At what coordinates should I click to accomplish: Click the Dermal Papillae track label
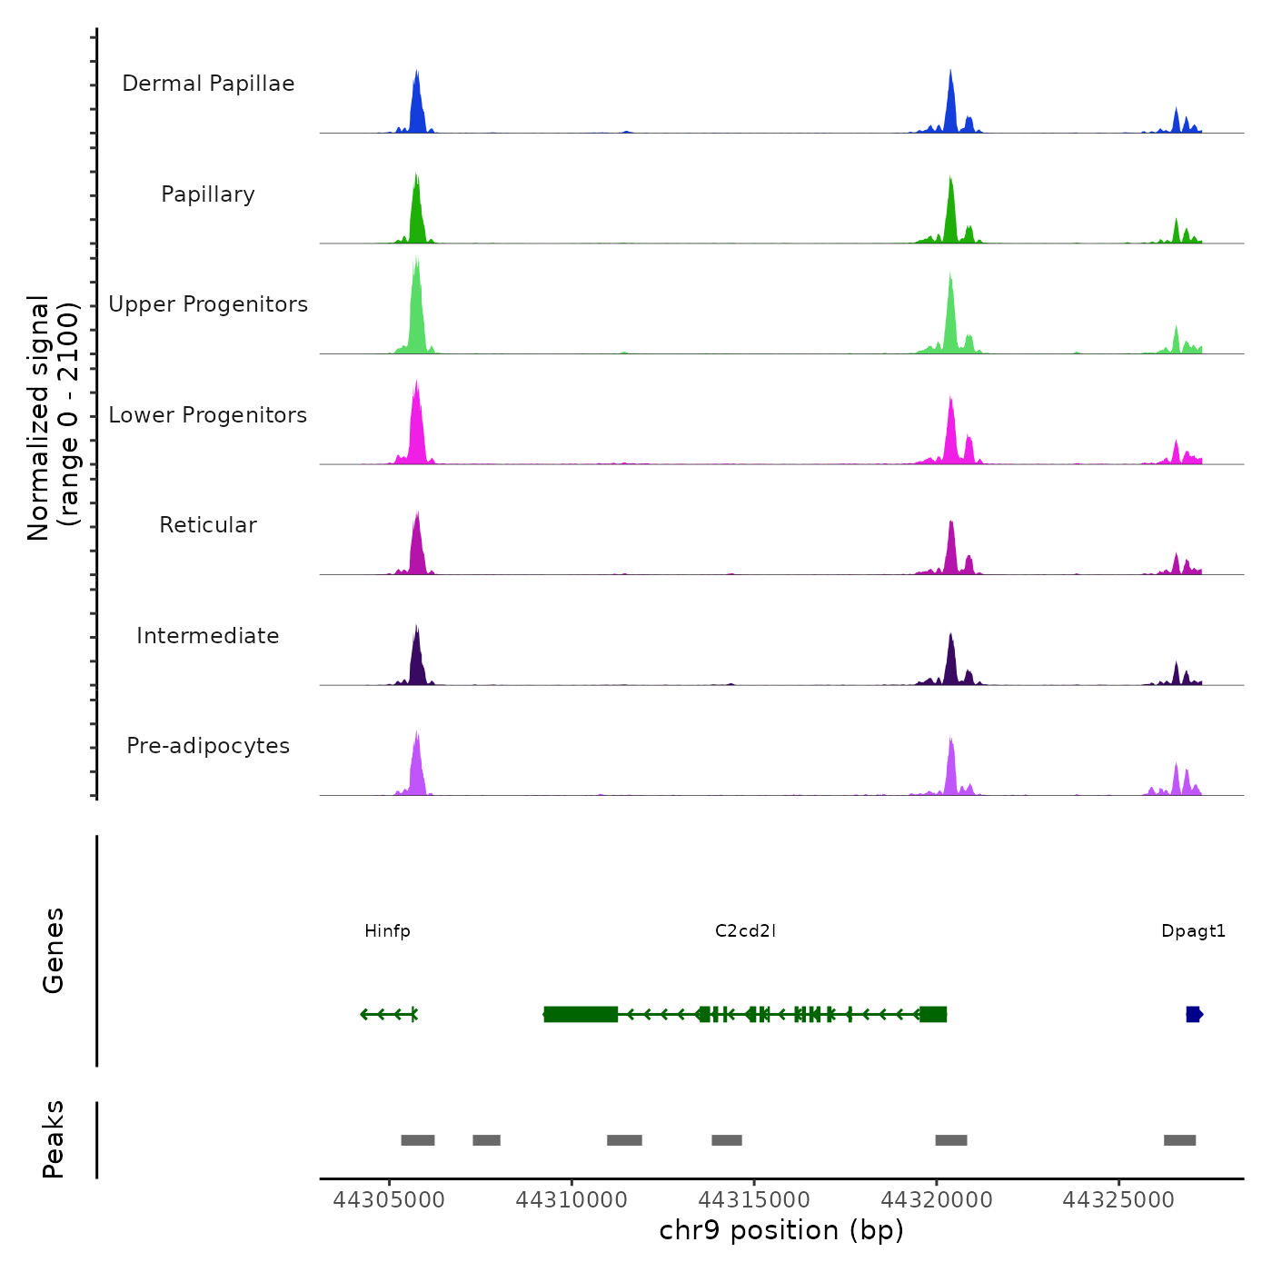pyautogui.click(x=208, y=84)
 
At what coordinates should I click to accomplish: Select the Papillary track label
pyautogui.click(x=208, y=194)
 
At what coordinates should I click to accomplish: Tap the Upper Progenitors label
pyautogui.click(x=208, y=304)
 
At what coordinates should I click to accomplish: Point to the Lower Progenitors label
pyautogui.click(x=208, y=415)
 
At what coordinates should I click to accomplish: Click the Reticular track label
pyautogui.click(x=208, y=525)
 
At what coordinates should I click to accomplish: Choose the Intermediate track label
pyautogui.click(x=208, y=636)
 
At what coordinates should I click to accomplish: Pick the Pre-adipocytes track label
pyautogui.click(x=208, y=746)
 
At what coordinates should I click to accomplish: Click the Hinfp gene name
pyautogui.click(x=387, y=931)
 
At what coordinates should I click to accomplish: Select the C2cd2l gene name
pyautogui.click(x=745, y=931)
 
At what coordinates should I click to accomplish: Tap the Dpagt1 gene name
pyautogui.click(x=1193, y=931)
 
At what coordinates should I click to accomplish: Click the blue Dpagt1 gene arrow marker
pyautogui.click(x=1194, y=1014)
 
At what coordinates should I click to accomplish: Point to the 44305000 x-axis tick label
pyautogui.click(x=389, y=1200)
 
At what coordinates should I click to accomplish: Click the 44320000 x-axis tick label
pyautogui.click(x=937, y=1200)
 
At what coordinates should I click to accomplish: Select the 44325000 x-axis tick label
pyautogui.click(x=1118, y=1200)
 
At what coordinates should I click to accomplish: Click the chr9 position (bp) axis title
pyautogui.click(x=781, y=1230)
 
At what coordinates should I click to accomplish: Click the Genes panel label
pyautogui.click(x=54, y=950)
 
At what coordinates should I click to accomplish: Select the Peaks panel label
pyautogui.click(x=54, y=1139)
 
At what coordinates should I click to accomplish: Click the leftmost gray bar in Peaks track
pyautogui.click(x=418, y=1140)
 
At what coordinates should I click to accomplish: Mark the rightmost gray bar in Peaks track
pyautogui.click(x=1179, y=1140)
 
